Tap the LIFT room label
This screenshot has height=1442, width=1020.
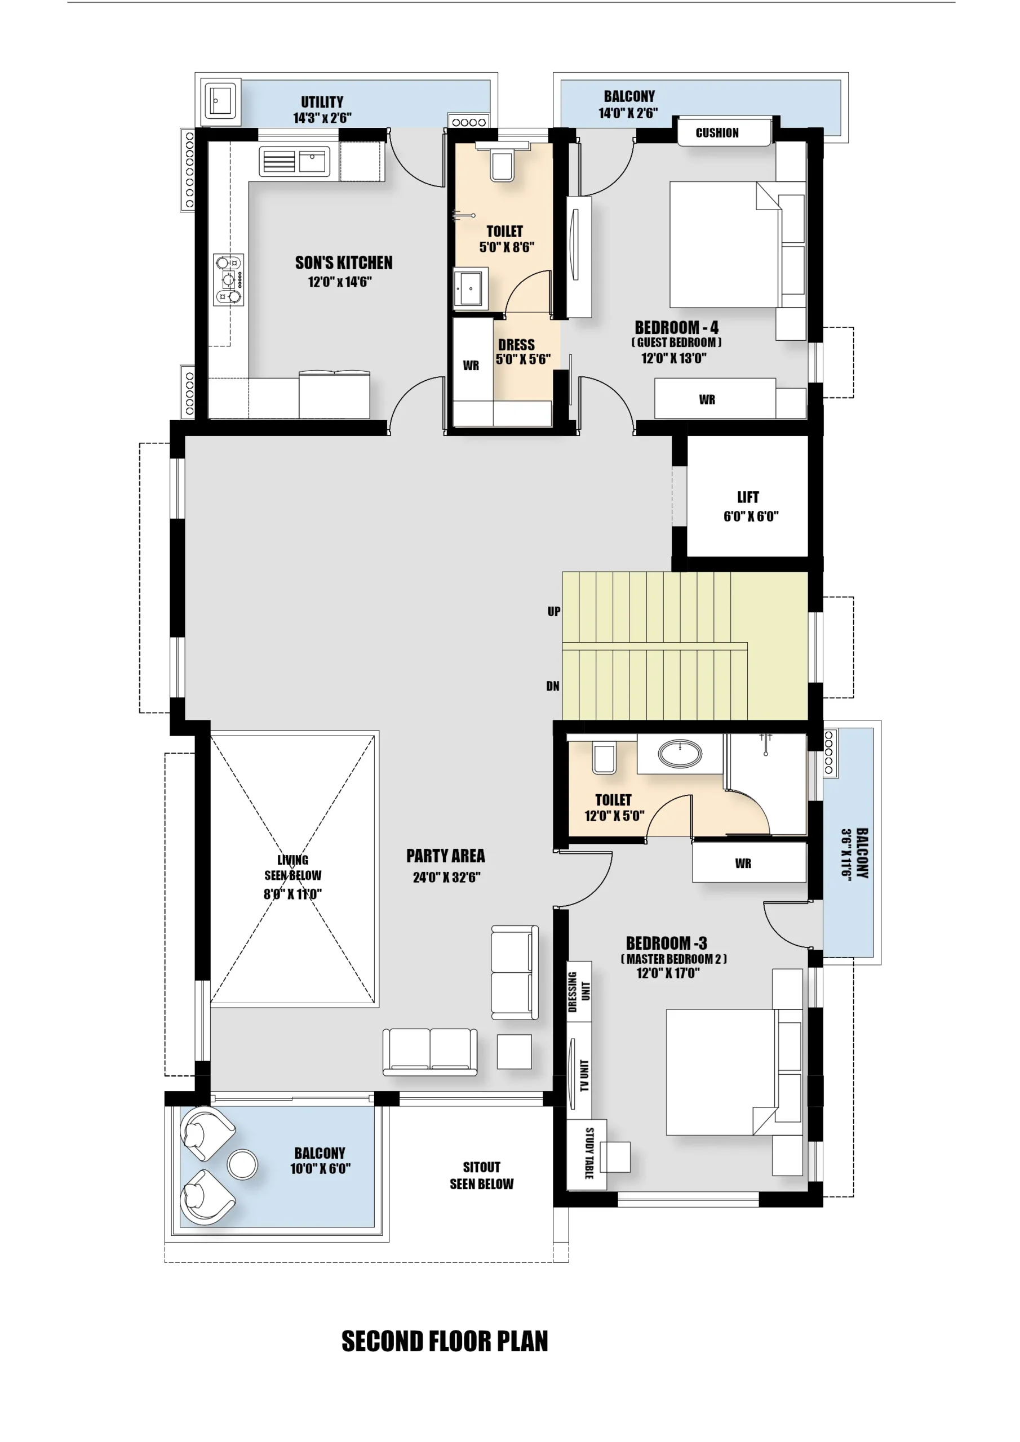coord(748,497)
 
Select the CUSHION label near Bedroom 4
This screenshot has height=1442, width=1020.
coord(717,133)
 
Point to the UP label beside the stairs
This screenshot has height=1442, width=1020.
coord(554,612)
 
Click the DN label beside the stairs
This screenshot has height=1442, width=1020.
coord(552,687)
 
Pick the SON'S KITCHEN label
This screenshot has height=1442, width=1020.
coord(344,263)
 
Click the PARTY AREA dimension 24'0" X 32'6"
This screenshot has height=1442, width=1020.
coord(446,878)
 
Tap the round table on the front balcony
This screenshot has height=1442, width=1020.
coord(242,1164)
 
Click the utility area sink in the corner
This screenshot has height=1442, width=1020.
coord(220,100)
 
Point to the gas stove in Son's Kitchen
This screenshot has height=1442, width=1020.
coord(229,279)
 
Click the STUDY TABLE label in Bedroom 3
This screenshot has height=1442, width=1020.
coord(589,1153)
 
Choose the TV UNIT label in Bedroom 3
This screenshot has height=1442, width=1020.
coord(584,1076)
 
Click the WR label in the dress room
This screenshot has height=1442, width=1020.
coord(471,366)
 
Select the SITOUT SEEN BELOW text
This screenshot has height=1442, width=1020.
coord(481,1176)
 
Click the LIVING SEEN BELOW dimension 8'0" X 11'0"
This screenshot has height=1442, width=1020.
coord(293,894)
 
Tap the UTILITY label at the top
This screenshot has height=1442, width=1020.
coord(322,102)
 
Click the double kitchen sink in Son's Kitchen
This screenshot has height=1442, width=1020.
coord(294,162)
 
